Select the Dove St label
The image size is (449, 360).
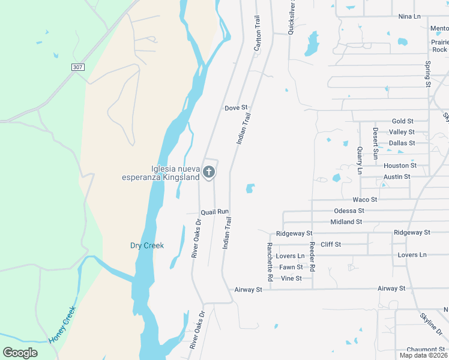pos(236,108)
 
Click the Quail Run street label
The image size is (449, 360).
pos(215,212)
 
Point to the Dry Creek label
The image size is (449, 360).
pos(147,245)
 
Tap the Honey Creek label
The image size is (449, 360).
pos(62,324)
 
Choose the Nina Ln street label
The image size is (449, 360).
pos(409,16)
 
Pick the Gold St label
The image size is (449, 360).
pos(402,121)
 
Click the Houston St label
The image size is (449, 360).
pos(400,166)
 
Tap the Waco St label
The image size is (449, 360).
pos(364,199)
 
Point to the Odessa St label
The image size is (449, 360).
pos(349,211)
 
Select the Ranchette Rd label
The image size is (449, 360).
pos(270,262)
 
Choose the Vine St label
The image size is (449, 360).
pos(291,278)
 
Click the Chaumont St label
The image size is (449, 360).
pos(425,349)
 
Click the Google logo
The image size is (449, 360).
pos(20,353)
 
